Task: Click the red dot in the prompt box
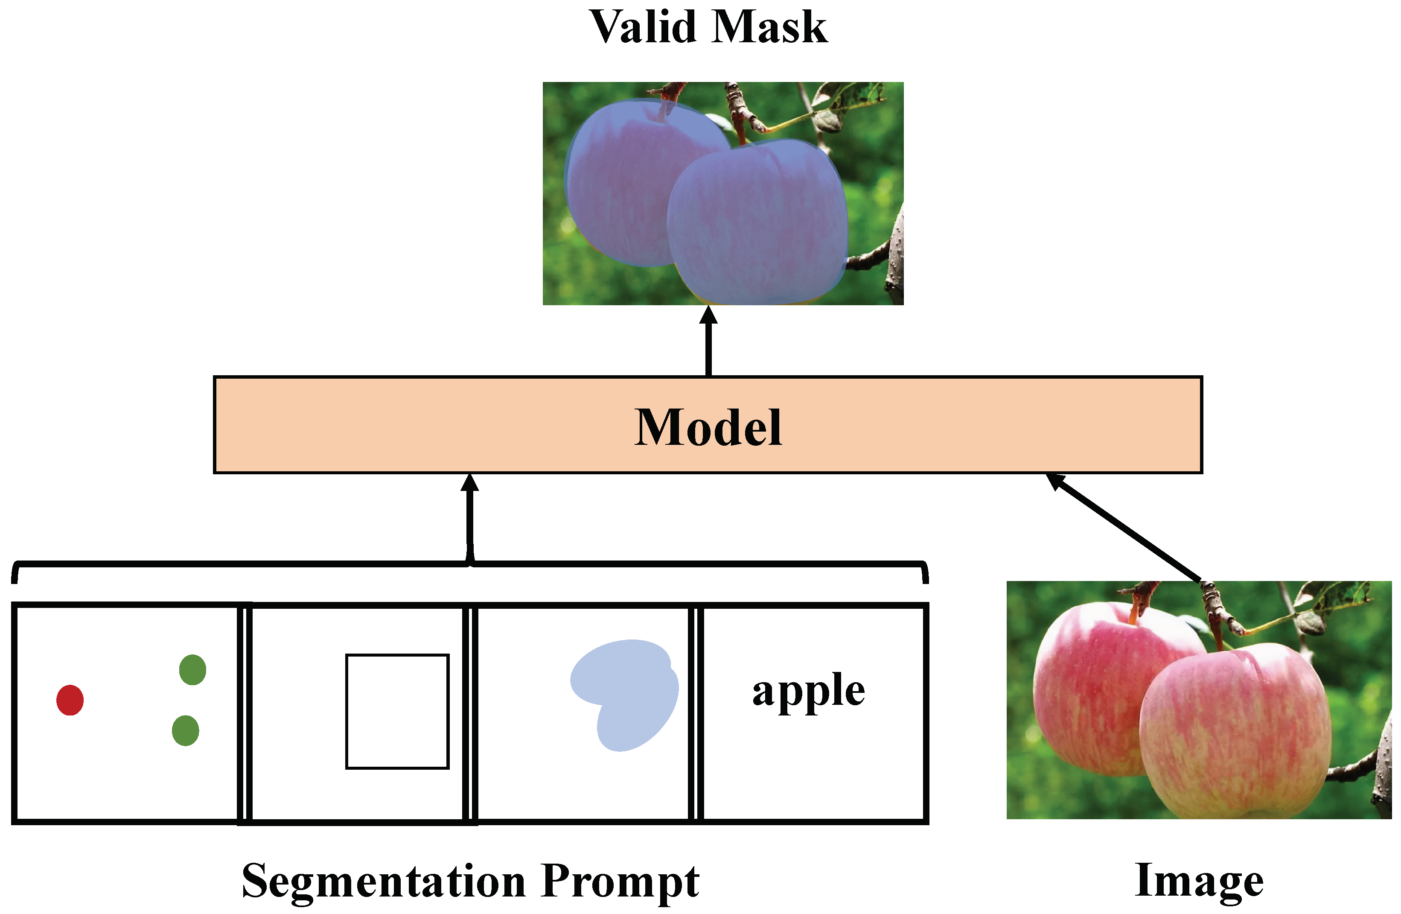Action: (x=70, y=700)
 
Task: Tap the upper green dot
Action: (x=192, y=670)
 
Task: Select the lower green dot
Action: (x=186, y=730)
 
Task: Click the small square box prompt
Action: (x=397, y=711)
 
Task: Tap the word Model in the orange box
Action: (x=708, y=428)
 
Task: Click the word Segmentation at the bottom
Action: (x=383, y=881)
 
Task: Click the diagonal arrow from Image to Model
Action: (x=1124, y=527)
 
